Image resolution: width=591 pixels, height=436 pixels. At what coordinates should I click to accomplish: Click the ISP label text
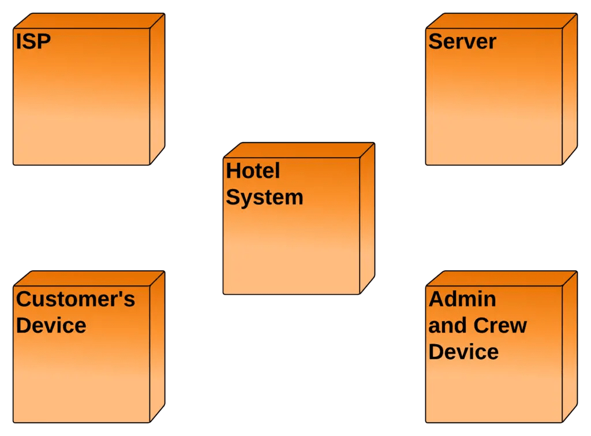pos(33,42)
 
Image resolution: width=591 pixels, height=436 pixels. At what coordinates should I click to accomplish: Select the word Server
pos(462,42)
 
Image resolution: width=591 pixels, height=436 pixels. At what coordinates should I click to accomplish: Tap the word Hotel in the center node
pos(253,171)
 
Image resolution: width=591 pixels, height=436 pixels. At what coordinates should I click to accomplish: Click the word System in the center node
pos(264,197)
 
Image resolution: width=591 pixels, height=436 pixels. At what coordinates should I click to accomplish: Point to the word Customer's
pos(76,299)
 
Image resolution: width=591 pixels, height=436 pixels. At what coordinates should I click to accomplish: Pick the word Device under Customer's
pos(51,325)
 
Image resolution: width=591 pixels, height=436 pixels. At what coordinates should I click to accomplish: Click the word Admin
pos(462,299)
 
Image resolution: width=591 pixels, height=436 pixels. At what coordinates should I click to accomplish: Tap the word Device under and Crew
pos(463,352)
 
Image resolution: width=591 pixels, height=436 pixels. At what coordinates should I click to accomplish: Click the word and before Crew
pos(447,326)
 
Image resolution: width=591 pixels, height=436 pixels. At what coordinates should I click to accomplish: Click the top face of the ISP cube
pos(89,21)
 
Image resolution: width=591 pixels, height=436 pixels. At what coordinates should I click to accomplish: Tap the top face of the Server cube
pos(502,21)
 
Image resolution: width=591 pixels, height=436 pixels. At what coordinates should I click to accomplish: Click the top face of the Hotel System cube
pos(299,150)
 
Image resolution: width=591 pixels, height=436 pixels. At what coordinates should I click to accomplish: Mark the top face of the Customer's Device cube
pos(89,278)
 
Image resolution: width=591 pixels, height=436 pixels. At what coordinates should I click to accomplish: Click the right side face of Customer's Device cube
pos(158,346)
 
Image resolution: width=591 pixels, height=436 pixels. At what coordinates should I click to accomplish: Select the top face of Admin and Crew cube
pos(502,278)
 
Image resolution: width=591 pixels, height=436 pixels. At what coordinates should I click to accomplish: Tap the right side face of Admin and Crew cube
pos(570,346)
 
